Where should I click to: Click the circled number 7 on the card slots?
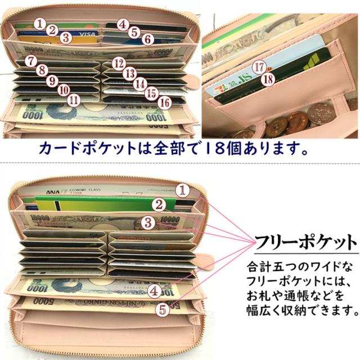pyautogui.click(x=30, y=60)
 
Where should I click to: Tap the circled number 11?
pyautogui.click(x=73, y=99)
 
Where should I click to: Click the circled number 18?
pyautogui.click(x=268, y=78)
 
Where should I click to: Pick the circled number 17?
pyautogui.click(x=259, y=66)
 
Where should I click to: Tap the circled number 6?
pyautogui.click(x=147, y=39)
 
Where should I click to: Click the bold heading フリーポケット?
pyautogui.click(x=305, y=244)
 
